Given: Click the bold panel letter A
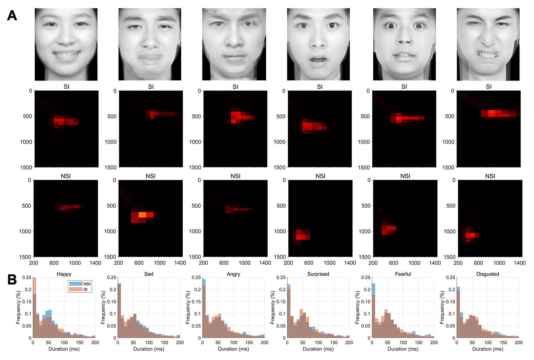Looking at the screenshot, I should [x=12, y=16].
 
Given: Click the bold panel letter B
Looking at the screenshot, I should [x=12, y=280].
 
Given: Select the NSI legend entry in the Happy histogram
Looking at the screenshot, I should [x=87, y=284].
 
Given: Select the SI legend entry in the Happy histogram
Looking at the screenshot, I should [x=85, y=289].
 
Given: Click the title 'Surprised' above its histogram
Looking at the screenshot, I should [x=318, y=274].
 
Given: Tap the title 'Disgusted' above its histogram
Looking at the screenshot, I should [x=487, y=274].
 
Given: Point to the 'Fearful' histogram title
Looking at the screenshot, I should [x=403, y=274].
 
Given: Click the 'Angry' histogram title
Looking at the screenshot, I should [x=233, y=274].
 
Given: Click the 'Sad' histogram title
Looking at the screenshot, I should [x=148, y=274].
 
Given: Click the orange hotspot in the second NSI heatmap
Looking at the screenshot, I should [x=142, y=215].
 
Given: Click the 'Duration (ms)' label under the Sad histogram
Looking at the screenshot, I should [x=148, y=349].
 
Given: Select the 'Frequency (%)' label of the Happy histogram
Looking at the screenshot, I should [x=18, y=307].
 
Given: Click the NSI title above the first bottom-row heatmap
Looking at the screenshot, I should [x=66, y=176].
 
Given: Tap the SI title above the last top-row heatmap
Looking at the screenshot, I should [x=488, y=87].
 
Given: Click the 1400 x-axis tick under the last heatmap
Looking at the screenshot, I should [x=519, y=263].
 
